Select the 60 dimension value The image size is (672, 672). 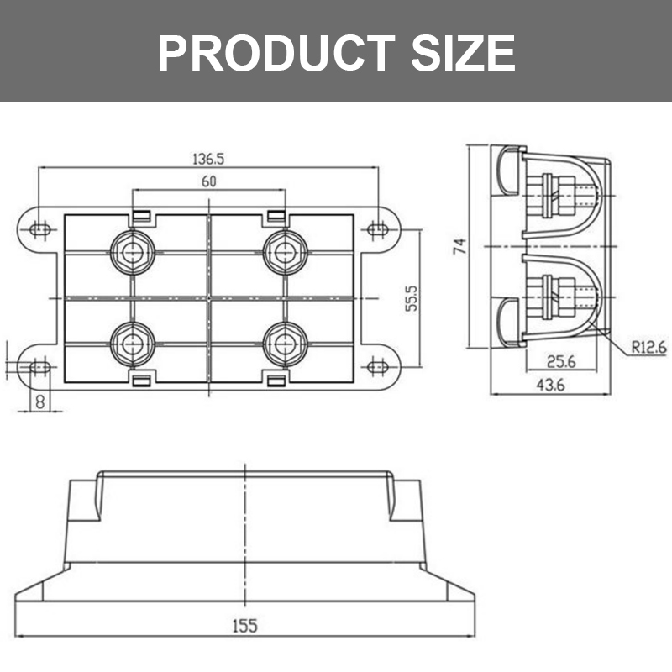[x=209, y=180]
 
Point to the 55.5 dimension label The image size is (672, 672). [x=412, y=297]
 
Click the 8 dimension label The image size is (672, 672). [x=39, y=402]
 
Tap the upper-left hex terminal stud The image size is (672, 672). [x=132, y=250]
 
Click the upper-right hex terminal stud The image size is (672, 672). [x=284, y=250]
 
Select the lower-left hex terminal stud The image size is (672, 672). [x=132, y=343]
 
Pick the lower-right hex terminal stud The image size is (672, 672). [x=284, y=343]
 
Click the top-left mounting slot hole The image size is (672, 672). [x=39, y=228]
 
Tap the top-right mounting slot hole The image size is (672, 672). [x=377, y=228]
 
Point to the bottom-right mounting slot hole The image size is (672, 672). [x=377, y=367]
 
